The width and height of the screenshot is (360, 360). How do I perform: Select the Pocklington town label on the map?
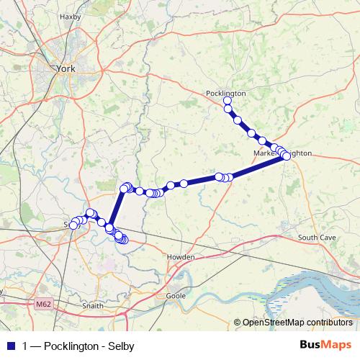point(225,93)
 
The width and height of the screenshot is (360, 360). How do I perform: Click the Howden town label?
point(181,256)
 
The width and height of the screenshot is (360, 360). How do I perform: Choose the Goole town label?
point(176,295)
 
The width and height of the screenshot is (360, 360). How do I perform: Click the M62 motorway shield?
point(44,305)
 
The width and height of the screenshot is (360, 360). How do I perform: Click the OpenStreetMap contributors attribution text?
point(297,322)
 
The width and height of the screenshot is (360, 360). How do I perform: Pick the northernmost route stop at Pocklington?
point(228,101)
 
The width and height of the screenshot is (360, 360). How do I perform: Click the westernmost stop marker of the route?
point(73,225)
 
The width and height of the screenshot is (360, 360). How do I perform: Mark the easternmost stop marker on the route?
point(286,155)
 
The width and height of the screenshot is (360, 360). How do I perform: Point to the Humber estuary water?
point(317,288)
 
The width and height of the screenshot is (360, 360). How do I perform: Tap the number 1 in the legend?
point(25,345)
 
